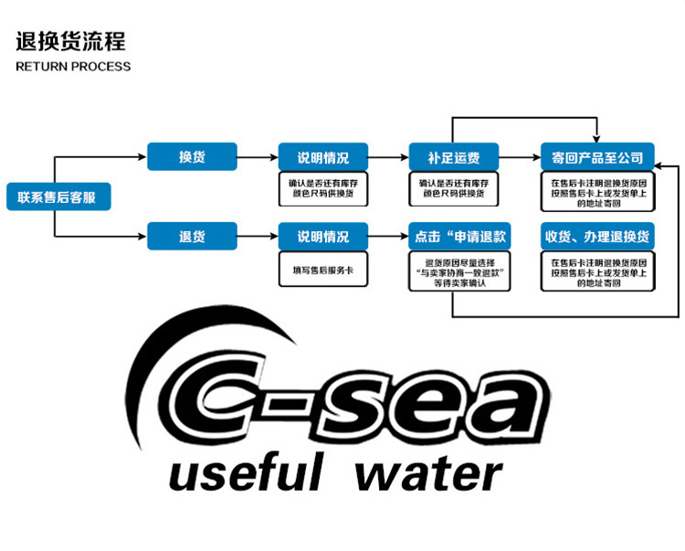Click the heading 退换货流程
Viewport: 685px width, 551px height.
[70, 41]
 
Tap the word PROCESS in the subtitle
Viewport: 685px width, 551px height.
[100, 67]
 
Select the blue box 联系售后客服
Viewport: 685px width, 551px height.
[58, 196]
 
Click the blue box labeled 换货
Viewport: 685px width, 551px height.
[192, 156]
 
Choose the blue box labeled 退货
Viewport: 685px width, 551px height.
[192, 236]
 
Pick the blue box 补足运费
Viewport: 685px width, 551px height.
[453, 156]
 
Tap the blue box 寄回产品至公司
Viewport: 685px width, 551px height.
[597, 156]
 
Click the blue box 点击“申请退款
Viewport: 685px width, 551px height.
[459, 236]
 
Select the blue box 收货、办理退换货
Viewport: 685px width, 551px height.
[597, 236]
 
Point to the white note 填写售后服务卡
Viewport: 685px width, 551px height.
[323, 270]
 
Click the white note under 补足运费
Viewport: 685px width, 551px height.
[453, 189]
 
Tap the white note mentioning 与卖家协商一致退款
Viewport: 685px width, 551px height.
[459, 271]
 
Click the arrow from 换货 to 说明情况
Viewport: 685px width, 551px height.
[258, 157]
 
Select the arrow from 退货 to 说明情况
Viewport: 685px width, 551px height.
[258, 237]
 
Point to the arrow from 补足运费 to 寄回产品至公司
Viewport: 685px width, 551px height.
[520, 157]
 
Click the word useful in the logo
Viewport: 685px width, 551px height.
[247, 472]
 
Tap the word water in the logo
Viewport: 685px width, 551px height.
[428, 474]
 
